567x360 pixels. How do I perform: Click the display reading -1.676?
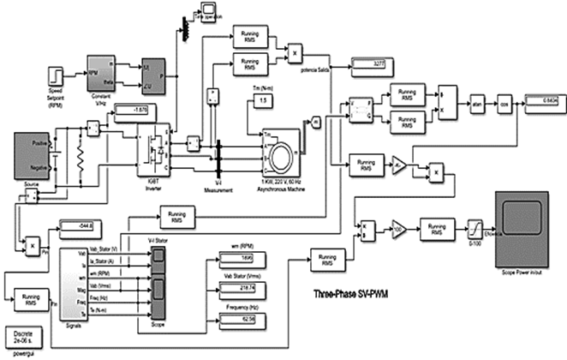tap(129, 109)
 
